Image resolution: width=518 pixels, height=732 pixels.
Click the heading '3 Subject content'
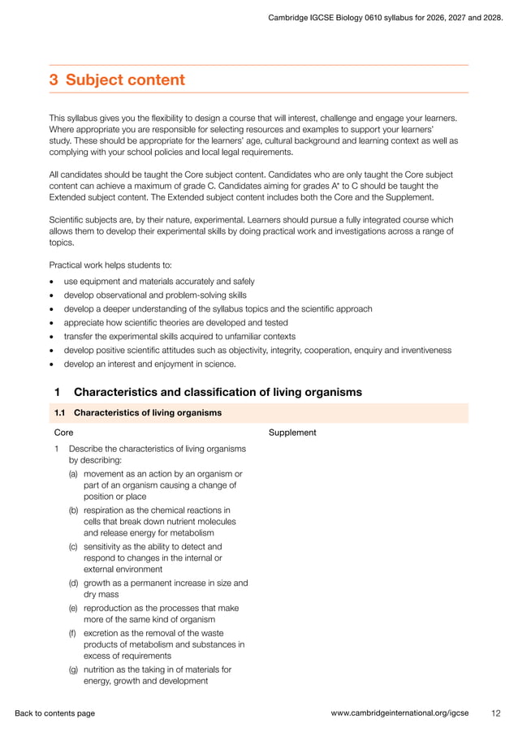[x=117, y=80]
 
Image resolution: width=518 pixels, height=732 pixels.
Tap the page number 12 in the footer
[x=496, y=713]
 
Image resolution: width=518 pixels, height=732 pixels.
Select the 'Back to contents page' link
[x=54, y=713]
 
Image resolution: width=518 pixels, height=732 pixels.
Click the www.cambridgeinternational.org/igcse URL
[x=401, y=713]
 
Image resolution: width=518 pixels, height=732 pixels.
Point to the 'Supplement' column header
[x=292, y=433]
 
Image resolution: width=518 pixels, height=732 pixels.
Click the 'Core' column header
[x=63, y=433]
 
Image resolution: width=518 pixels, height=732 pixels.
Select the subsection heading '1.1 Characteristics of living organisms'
[x=138, y=412]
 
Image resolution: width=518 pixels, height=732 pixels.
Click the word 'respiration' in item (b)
[x=106, y=510]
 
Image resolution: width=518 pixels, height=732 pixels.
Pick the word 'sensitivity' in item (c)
[x=105, y=547]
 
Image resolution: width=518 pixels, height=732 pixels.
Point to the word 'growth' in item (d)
[x=98, y=583]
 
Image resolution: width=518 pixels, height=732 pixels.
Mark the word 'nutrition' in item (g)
[x=101, y=670]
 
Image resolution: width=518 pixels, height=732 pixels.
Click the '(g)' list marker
[x=74, y=670]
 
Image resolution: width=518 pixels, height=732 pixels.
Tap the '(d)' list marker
[x=74, y=583]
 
